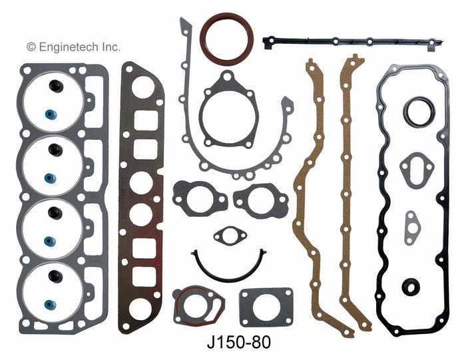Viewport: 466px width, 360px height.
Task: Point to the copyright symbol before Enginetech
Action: [30, 47]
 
